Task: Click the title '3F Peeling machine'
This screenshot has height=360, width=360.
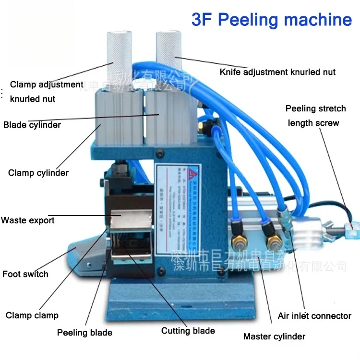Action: point(271,20)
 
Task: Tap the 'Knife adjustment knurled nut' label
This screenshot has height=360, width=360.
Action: point(277,72)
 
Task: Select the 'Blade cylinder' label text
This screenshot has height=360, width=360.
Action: point(32,125)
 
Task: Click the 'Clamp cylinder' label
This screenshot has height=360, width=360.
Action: point(38,173)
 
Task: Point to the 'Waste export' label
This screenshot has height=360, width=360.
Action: point(28,220)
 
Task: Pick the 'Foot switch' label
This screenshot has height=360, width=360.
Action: point(25,274)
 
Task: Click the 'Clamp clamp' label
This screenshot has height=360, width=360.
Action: point(32,315)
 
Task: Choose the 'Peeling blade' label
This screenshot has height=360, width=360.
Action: point(84,333)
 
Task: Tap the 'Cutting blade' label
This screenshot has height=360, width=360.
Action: point(188,330)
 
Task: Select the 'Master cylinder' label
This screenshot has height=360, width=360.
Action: point(274,336)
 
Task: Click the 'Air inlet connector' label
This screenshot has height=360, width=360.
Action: point(314,316)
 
